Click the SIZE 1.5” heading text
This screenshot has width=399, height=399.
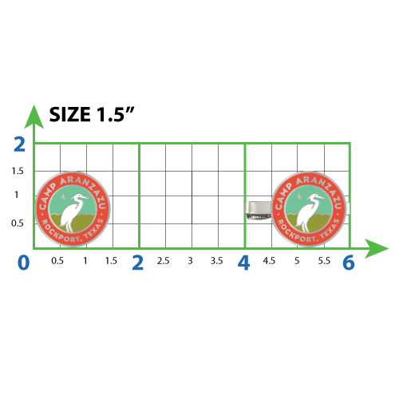92,114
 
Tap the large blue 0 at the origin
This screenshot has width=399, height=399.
23,263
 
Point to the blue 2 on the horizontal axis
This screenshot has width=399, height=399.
138,263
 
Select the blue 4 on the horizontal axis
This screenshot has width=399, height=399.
243,263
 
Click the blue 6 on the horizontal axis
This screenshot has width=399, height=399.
349,263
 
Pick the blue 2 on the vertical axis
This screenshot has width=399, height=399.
19,144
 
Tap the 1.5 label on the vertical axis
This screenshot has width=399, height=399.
18,171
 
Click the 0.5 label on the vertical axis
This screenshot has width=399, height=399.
18,223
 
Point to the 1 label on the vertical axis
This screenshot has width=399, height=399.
17,195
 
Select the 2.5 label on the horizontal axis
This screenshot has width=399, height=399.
163,261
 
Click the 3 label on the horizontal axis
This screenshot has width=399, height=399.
190,261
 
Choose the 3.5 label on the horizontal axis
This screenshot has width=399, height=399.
216,261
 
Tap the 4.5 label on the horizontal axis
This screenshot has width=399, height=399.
269,261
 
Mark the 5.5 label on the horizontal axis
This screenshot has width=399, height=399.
324,261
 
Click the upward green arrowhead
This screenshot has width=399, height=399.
34,117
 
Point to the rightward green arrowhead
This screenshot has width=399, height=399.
377,248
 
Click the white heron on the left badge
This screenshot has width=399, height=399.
73,212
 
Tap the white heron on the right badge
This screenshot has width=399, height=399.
309,212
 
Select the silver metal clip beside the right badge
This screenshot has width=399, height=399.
259,210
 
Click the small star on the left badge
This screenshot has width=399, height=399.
63,197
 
